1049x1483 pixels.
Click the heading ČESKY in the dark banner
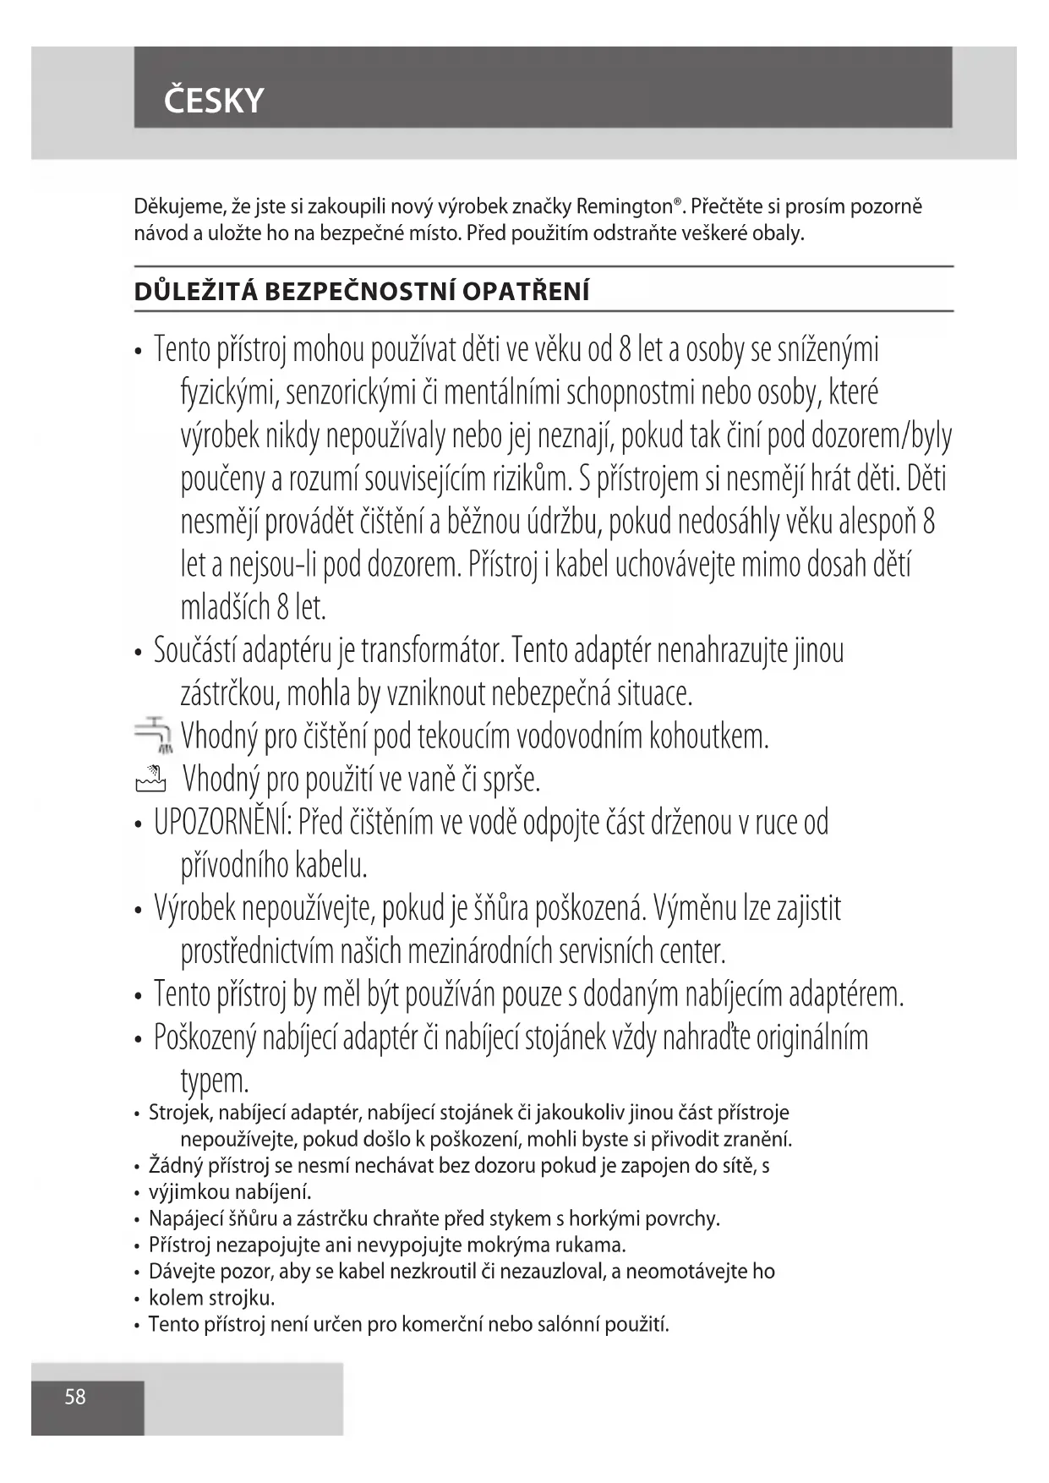[214, 101]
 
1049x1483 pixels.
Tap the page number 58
[75, 1397]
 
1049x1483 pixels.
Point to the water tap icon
[154, 735]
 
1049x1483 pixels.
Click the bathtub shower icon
[150, 779]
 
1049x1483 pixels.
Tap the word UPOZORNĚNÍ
[222, 823]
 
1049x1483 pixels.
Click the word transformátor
[433, 652]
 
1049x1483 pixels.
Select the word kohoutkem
[708, 736]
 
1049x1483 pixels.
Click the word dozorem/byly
[881, 436]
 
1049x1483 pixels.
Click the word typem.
[215, 1081]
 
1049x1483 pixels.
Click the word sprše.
[511, 780]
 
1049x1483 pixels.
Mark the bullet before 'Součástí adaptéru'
[138, 654]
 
